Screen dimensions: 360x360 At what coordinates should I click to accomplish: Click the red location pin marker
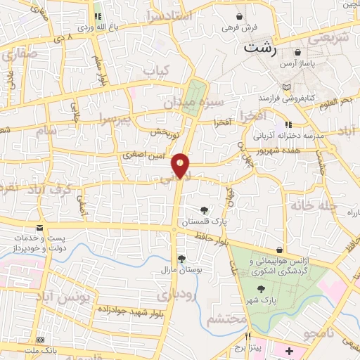tap(181, 165)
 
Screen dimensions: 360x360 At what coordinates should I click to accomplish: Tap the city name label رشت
tap(260, 49)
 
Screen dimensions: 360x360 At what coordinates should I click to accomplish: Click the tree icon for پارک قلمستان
tap(204, 210)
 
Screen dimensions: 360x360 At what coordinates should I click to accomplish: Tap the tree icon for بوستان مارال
tap(181, 259)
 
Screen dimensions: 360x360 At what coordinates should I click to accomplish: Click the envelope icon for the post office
tap(40, 227)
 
